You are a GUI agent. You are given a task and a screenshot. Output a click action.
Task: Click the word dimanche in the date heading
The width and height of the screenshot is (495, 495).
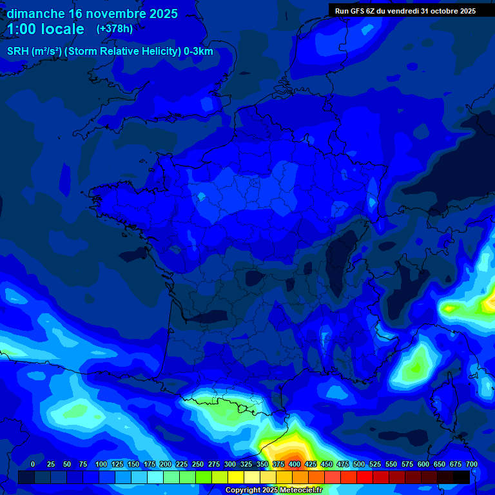pos(35,14)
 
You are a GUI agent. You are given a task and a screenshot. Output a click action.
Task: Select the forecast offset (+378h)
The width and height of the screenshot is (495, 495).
pos(115,29)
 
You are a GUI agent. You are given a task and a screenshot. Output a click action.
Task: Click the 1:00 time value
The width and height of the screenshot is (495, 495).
pos(21,30)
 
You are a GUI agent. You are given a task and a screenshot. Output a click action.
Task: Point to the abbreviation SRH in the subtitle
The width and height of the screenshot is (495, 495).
pos(17,52)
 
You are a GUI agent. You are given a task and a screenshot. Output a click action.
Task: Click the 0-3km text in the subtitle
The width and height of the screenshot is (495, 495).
pos(199,52)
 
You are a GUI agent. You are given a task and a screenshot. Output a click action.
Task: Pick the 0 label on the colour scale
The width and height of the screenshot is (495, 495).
pos(33,464)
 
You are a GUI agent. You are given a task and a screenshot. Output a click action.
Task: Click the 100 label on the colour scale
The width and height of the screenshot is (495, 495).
pos(101,464)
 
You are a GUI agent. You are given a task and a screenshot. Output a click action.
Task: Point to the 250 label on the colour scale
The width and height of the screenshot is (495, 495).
pos(198,464)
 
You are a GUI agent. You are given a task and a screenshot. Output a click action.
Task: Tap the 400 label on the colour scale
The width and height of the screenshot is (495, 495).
pos(295,464)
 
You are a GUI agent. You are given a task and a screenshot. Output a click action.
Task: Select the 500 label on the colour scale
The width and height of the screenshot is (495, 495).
pos(359,464)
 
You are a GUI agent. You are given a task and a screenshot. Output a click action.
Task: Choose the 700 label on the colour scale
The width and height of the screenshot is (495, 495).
pos(472,464)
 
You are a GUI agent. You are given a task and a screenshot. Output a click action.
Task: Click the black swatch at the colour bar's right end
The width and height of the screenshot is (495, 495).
pos(461,477)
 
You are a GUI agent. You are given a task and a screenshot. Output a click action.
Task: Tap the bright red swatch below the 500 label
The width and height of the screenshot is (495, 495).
pos(365,477)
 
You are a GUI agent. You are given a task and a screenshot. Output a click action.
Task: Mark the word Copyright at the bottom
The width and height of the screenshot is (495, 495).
pos(244,490)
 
